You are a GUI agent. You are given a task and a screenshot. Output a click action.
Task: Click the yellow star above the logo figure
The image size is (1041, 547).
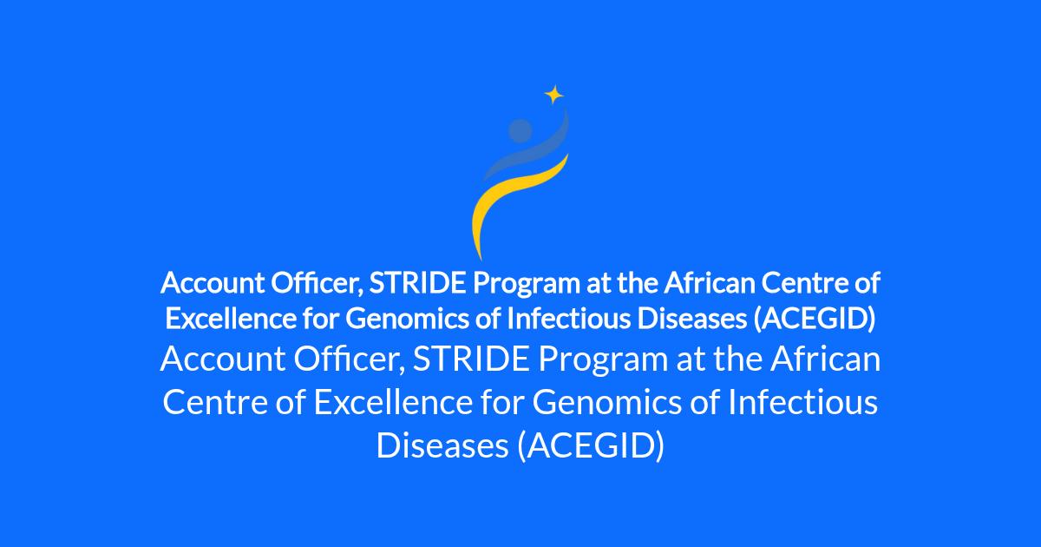tap(554, 95)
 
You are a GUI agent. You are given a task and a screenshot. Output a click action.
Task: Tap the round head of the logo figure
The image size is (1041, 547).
tap(520, 131)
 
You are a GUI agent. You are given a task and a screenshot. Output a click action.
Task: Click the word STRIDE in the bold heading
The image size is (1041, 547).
tap(417, 283)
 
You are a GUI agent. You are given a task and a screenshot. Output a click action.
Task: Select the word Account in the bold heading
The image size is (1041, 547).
tap(213, 283)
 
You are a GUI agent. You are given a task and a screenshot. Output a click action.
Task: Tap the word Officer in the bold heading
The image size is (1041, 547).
tap(317, 284)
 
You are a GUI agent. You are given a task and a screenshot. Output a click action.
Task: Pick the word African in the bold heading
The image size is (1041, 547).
tap(710, 283)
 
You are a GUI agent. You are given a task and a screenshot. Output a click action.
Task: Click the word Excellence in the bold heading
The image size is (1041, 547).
tap(231, 320)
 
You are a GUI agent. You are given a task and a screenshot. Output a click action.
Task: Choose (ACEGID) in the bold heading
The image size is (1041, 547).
tap(815, 320)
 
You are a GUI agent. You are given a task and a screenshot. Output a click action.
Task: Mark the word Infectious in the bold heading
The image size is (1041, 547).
tap(569, 320)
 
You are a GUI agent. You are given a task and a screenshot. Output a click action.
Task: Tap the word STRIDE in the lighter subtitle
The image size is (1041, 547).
tap(471, 359)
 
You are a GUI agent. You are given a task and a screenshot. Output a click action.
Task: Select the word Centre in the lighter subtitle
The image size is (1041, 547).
tap(215, 403)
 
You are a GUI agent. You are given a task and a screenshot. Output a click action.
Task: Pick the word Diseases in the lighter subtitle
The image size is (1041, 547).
tap(442, 445)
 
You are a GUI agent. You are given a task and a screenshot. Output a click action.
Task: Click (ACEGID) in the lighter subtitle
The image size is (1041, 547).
tap(591, 446)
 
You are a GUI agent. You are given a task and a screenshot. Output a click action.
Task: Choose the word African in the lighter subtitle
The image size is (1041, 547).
tap(825, 359)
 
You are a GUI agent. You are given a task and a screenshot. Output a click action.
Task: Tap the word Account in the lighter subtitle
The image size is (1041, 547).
tap(223, 359)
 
